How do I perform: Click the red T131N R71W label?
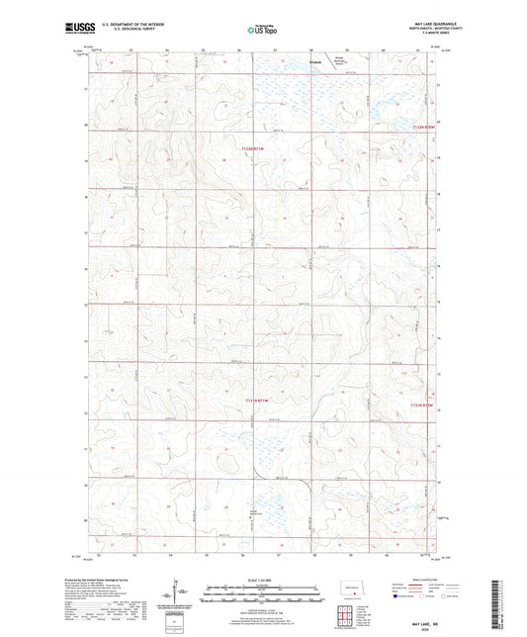coord(254,400)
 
